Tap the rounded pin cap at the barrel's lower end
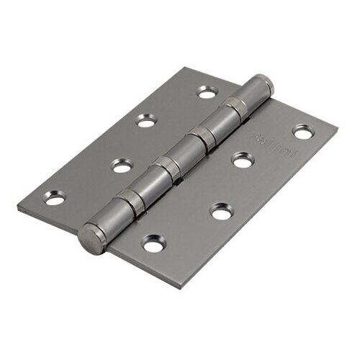(x=91, y=235)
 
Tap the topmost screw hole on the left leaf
(x=207, y=93)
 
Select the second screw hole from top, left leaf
(x=146, y=122)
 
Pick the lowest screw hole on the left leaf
(x=55, y=199)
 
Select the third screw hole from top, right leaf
(x=220, y=211)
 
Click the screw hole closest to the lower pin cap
(x=151, y=246)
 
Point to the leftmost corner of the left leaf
(x=18, y=209)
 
